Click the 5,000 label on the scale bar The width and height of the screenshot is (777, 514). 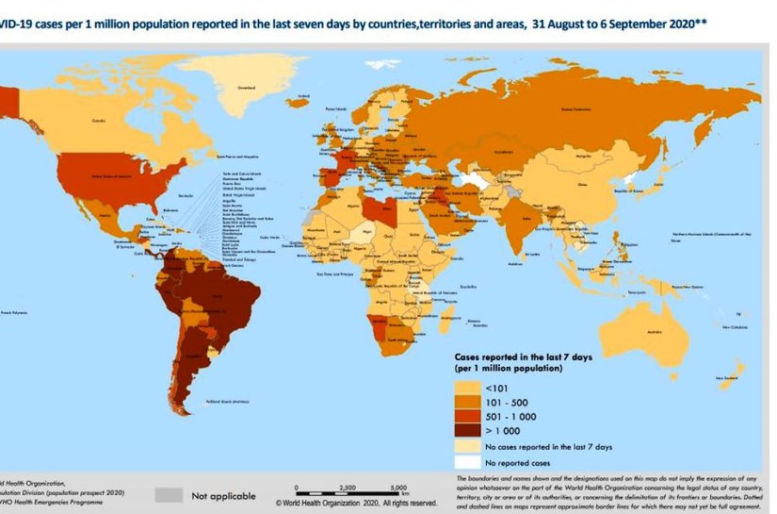(397, 488)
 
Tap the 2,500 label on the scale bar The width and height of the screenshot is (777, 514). (346, 488)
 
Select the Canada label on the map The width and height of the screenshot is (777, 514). (97, 121)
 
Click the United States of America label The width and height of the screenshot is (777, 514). (111, 174)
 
